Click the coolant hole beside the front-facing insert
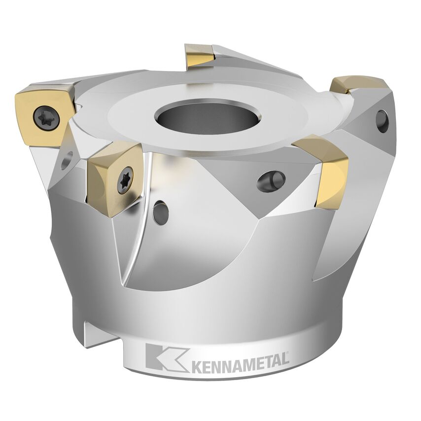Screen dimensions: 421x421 click(x=160, y=212)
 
